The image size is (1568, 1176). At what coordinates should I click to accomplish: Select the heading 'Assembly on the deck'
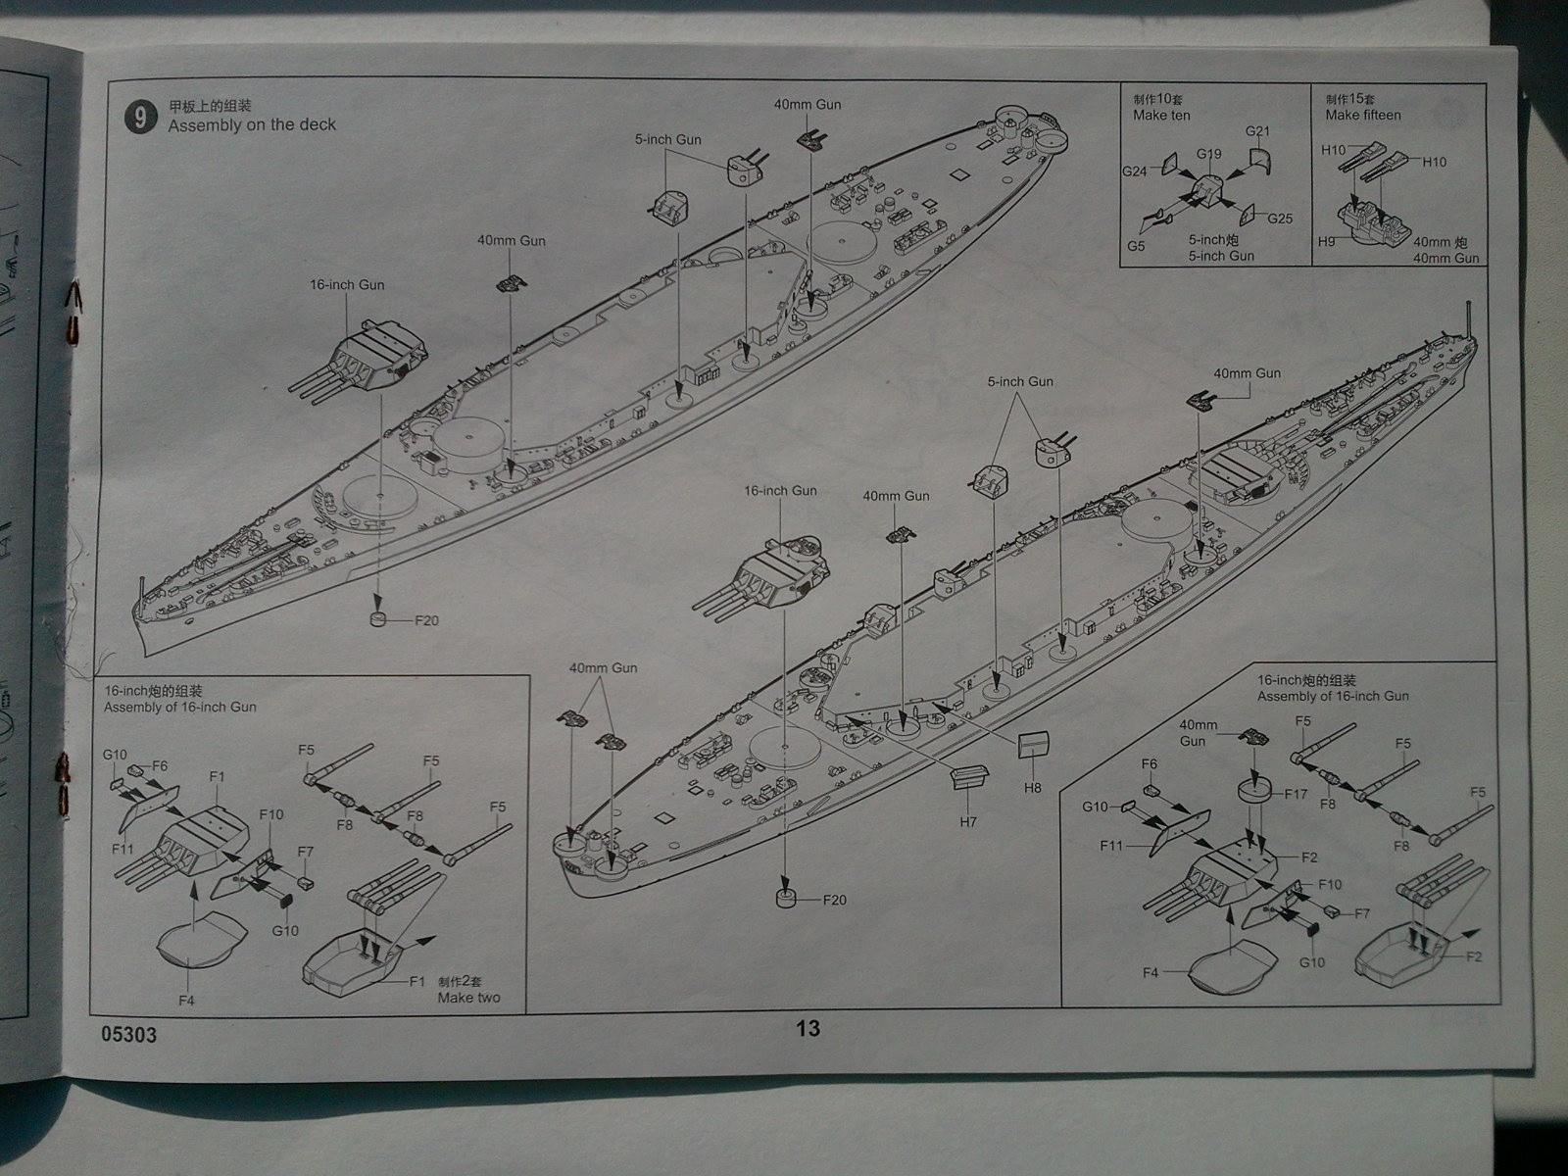point(252,124)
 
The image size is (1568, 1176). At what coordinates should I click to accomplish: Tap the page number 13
point(808,1028)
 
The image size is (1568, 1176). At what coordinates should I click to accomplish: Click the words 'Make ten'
point(1161,115)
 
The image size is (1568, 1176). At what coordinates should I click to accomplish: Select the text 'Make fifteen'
point(1363,115)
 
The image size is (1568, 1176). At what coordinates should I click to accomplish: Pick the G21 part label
point(1257,131)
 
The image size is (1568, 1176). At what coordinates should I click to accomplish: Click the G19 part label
point(1208,154)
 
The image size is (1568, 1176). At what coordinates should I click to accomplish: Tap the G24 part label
point(1135,171)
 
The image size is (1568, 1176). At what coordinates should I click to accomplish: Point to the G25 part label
point(1280,219)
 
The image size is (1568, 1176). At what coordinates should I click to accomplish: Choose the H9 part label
point(1327,241)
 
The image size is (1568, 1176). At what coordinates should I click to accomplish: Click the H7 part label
point(968,822)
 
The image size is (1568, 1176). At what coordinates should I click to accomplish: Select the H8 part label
point(1032,787)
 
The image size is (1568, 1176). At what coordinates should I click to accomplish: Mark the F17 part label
point(1295,794)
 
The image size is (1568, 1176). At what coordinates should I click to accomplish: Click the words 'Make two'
point(469,998)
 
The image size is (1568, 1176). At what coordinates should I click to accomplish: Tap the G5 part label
point(1136,246)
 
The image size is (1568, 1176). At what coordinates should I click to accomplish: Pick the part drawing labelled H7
point(966,778)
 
